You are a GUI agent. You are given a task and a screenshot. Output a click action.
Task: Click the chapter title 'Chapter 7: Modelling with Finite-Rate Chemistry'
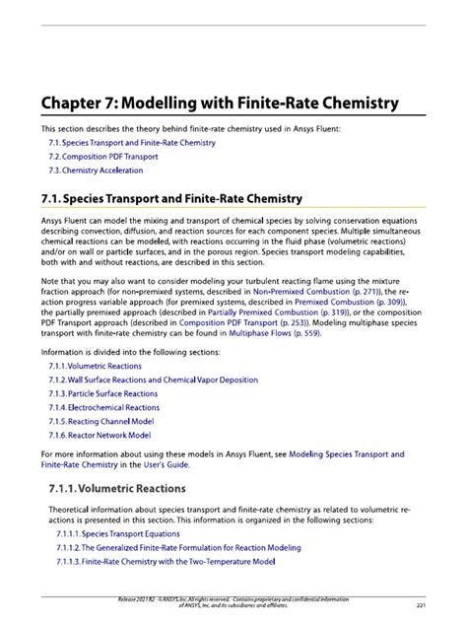click(x=219, y=103)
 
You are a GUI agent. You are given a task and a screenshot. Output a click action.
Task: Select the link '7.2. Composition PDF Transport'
click(x=103, y=157)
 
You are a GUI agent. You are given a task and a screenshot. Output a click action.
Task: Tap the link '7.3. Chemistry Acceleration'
click(x=97, y=171)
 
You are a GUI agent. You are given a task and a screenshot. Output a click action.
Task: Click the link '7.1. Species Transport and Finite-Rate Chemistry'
click(x=132, y=143)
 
